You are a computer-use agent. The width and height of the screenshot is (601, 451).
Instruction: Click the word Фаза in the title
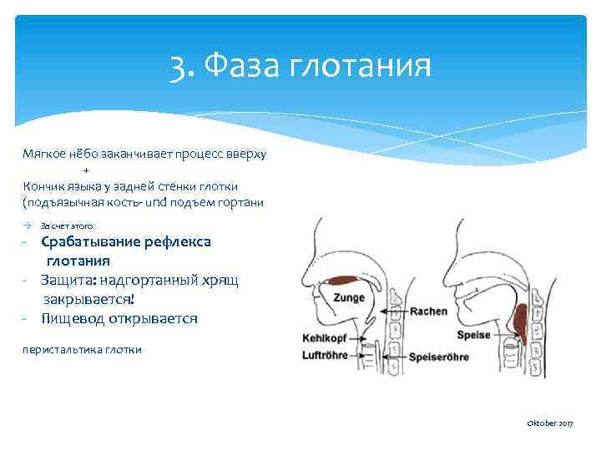(x=241, y=64)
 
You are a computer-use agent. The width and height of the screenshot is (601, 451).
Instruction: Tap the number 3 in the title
(x=177, y=65)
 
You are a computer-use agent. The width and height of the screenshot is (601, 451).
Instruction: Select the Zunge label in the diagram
(x=349, y=297)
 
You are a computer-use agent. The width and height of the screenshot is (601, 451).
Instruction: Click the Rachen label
(x=428, y=312)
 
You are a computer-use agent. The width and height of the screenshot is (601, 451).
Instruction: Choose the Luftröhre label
(x=324, y=356)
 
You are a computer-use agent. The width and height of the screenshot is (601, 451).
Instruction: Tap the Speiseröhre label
(x=438, y=357)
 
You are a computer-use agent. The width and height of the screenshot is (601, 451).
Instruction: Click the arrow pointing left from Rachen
(x=391, y=312)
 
